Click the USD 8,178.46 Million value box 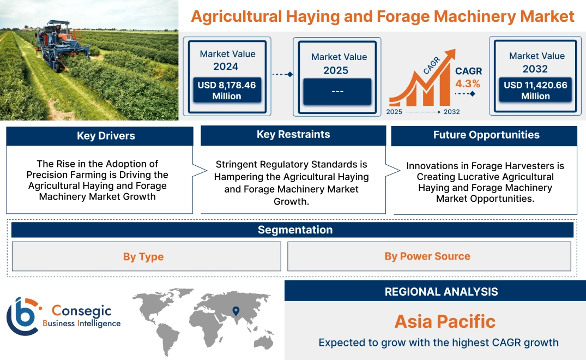point(226,91)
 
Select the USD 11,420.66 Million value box point(535,91)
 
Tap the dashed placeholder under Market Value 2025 point(337,91)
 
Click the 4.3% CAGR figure point(468,83)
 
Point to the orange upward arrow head point(450,55)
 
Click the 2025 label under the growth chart point(395,112)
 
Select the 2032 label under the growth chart point(451,112)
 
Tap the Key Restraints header point(293,135)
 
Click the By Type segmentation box point(143,256)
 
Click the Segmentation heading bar point(295,230)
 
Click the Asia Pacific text point(445,321)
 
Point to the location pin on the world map point(235,311)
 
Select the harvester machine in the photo point(57,44)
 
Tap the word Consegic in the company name point(81,311)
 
